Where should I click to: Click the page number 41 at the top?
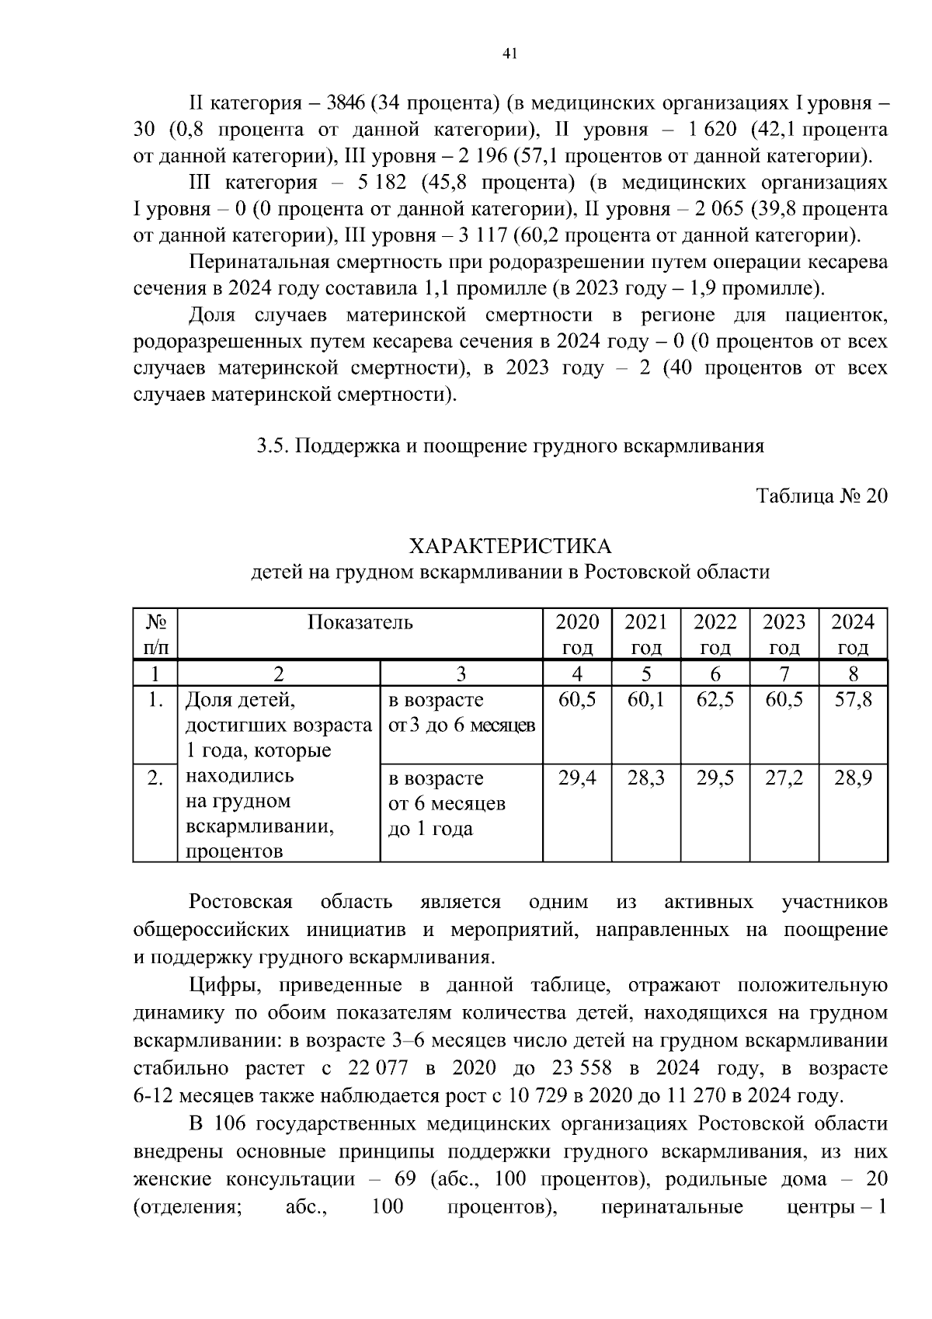(x=509, y=53)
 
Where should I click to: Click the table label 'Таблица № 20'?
(x=822, y=496)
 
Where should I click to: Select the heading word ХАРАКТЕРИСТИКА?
(x=509, y=545)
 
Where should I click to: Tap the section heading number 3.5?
(x=273, y=446)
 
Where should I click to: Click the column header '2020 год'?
(x=577, y=634)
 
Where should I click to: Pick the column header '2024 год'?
(x=853, y=634)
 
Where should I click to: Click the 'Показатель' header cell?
(x=360, y=622)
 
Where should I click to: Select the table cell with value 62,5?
(x=715, y=700)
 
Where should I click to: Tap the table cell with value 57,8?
(x=853, y=700)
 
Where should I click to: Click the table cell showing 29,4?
(x=577, y=778)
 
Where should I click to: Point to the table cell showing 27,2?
(x=784, y=778)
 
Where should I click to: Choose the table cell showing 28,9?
(x=853, y=778)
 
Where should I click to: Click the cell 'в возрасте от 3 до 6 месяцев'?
(x=461, y=713)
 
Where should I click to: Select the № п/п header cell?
(x=155, y=634)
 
